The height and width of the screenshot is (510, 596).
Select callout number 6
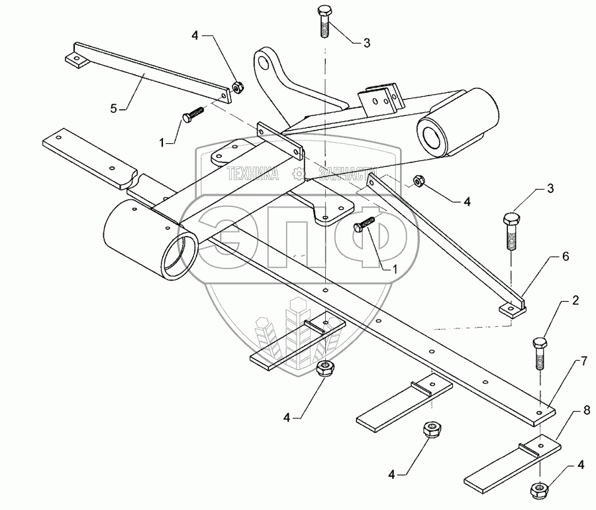coord(566,255)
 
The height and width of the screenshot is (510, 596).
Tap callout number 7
coord(583,361)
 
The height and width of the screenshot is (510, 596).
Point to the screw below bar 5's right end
coord(191,115)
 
